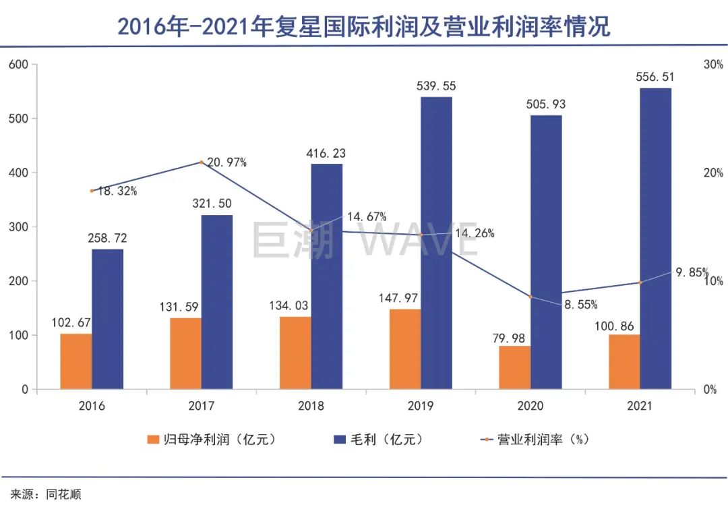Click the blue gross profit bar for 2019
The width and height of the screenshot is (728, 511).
pos(436,243)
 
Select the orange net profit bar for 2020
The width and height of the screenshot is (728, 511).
pos(514,367)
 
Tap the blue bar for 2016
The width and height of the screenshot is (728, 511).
pos(108,319)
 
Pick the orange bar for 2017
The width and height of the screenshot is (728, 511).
pos(185,353)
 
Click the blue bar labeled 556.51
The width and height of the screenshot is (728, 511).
pos(655,239)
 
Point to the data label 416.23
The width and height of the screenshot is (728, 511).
pos(326,154)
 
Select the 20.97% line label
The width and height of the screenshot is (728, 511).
pos(226,162)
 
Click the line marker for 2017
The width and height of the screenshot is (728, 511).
pos(201,162)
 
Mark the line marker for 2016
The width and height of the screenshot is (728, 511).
pos(92,191)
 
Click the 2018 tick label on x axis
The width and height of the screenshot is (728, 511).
pos(311,406)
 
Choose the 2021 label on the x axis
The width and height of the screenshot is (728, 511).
pos(640,406)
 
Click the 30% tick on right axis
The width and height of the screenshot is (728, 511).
pos(712,65)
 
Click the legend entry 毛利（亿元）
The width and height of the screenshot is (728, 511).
pos(379,440)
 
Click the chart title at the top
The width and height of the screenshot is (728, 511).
pos(364,26)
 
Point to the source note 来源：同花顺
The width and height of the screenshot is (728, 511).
pos(46,494)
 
